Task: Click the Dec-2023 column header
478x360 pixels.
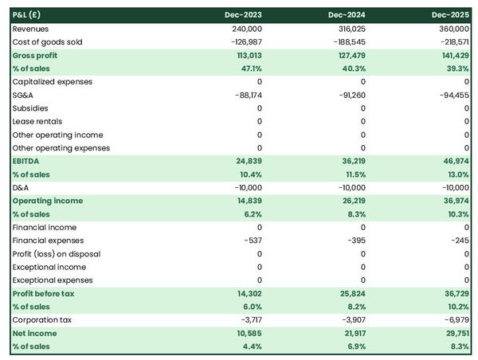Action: pos(244,15)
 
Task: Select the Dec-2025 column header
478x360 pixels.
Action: pos(451,15)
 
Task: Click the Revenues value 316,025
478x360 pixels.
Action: pos(347,29)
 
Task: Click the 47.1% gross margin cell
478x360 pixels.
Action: pos(249,68)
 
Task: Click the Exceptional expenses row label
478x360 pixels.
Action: pos(52,280)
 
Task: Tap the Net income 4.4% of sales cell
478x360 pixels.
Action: pos(250,347)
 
